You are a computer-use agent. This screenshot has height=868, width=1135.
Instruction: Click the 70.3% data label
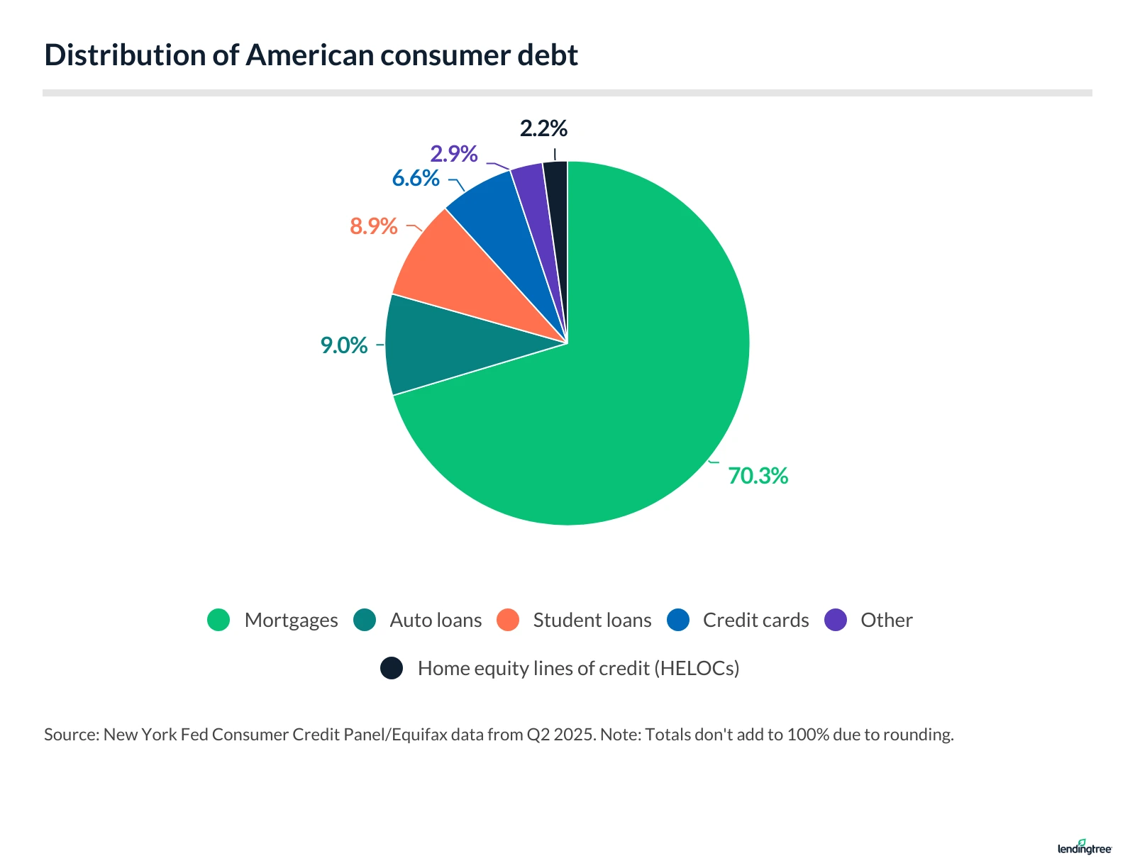coord(758,476)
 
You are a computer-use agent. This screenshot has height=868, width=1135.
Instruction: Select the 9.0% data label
coord(344,345)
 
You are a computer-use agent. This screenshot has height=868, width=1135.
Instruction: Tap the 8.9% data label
coord(373,226)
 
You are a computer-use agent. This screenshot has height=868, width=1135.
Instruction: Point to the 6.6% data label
coord(416,178)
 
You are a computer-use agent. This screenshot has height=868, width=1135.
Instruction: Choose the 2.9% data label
coord(454,154)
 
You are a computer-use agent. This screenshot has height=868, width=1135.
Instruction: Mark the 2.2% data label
coord(543,129)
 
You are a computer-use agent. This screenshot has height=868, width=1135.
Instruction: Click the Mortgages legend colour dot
coord(218,620)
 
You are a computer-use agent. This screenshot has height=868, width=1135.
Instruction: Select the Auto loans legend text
coord(436,621)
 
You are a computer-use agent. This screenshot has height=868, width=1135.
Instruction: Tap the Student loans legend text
coord(592,621)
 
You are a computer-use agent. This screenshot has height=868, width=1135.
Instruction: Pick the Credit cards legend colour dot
coord(678,620)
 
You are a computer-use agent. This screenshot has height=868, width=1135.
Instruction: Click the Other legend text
coord(886,621)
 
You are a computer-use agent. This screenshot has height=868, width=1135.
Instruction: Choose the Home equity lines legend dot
coord(392,668)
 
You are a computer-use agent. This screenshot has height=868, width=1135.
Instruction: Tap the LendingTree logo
coord(1084,847)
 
